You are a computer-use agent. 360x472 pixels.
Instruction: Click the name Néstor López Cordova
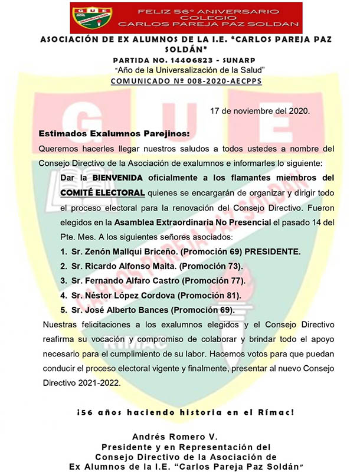click(x=124, y=295)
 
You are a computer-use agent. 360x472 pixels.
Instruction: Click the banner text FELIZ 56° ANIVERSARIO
click(x=207, y=11)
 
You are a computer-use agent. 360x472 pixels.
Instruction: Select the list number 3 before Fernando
click(x=63, y=281)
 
